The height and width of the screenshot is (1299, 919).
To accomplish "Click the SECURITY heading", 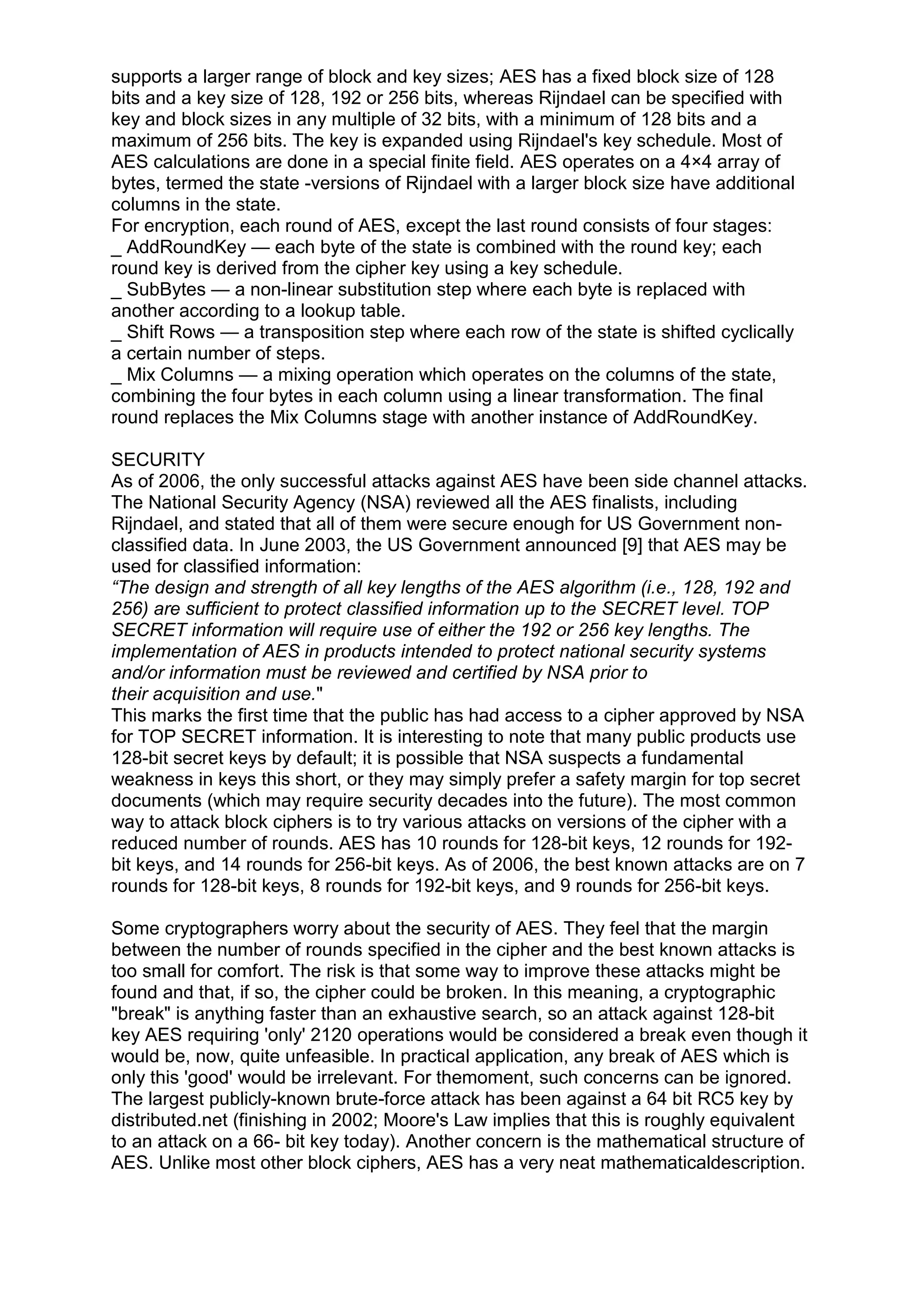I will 158,459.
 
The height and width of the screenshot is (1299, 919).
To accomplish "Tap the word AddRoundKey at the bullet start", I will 186,247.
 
